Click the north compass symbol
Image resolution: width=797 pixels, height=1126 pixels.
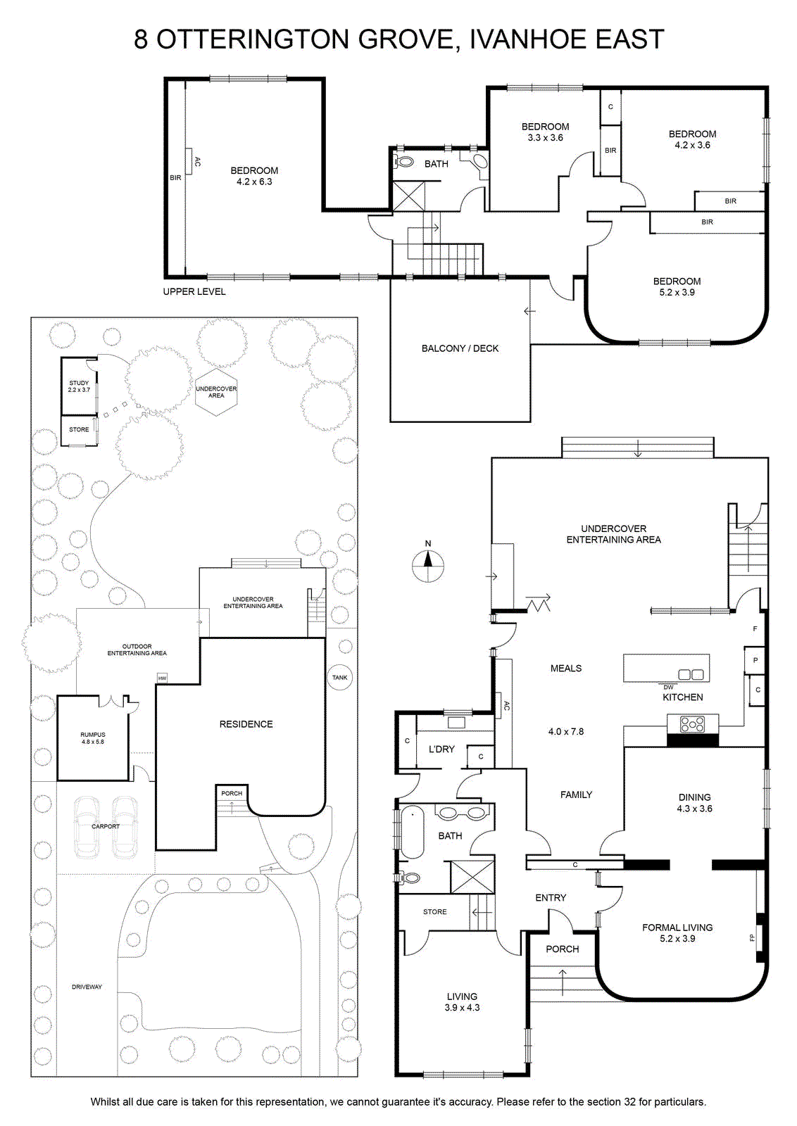[428, 565]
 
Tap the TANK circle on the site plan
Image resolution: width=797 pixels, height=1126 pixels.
[340, 677]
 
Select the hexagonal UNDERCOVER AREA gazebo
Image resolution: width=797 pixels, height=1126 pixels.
[216, 393]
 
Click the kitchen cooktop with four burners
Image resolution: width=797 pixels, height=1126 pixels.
[692, 724]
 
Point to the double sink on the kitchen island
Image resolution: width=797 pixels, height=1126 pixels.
[691, 675]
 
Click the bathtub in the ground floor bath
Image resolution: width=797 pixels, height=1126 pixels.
[413, 832]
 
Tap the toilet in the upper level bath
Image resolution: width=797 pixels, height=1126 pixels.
[403, 162]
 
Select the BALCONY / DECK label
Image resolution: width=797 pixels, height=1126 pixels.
[460, 348]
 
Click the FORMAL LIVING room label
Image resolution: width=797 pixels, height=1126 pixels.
[677, 928]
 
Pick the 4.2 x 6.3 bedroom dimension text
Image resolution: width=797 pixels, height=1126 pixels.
[254, 182]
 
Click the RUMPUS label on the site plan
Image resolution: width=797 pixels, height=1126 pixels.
[93, 735]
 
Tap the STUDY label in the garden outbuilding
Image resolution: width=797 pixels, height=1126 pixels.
[79, 383]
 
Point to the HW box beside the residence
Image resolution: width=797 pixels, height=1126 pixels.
[162, 678]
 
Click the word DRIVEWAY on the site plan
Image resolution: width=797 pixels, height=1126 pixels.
[87, 987]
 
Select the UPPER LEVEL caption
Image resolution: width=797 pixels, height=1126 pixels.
[194, 291]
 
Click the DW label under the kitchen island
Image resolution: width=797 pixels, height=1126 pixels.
[668, 687]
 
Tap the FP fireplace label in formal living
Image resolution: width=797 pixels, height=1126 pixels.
[752, 937]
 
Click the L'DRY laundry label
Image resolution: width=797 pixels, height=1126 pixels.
[441, 749]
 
